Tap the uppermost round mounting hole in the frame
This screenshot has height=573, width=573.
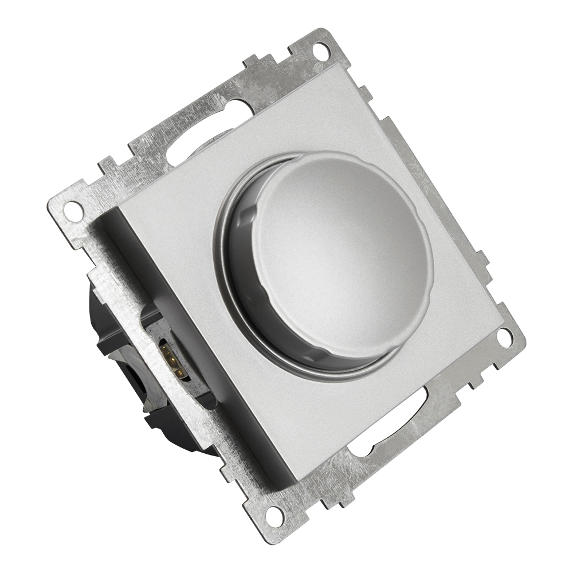321,50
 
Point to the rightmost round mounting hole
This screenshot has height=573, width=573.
504,337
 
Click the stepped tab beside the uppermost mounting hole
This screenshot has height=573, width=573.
264,66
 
